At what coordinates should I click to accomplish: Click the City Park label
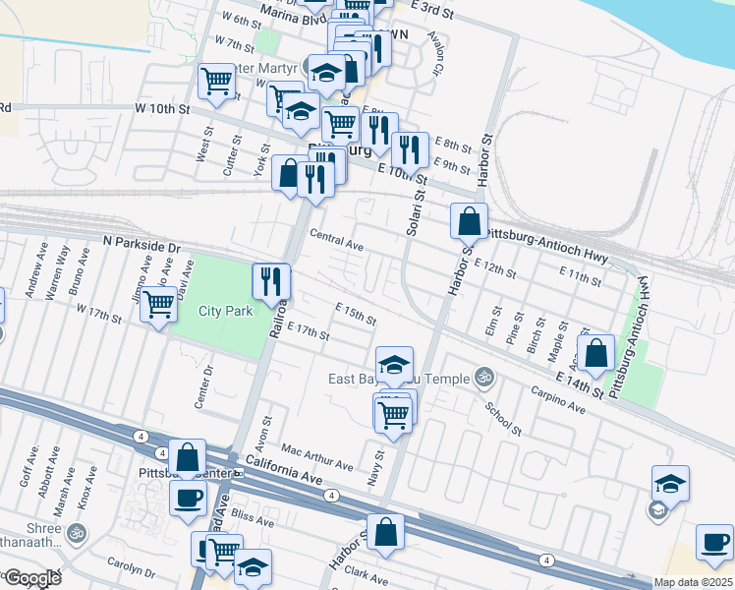coord(226,311)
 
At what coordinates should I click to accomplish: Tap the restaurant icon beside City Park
coord(270,281)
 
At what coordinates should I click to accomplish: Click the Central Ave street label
coord(336,240)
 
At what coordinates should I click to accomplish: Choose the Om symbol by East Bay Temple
coord(481,377)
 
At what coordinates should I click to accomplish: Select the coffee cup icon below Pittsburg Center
coord(188,498)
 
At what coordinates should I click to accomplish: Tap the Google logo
coord(32,578)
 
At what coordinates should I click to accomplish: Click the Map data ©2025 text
coord(692,582)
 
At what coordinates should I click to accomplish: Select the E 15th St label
coord(356,317)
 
